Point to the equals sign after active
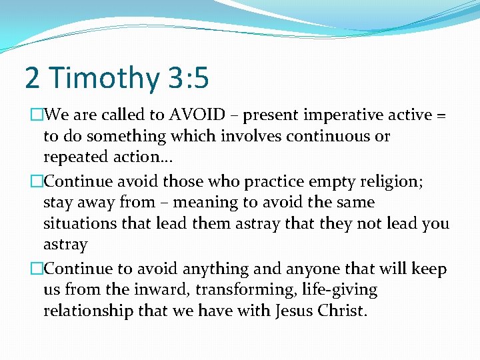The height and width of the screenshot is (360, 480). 441,115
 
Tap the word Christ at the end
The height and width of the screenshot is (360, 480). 343,311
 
